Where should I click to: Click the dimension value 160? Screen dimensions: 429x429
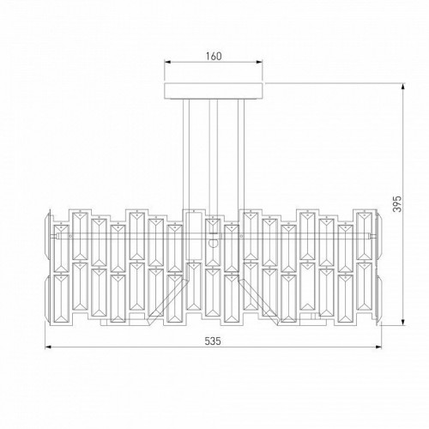214,57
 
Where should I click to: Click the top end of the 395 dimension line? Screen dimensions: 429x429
403,84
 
